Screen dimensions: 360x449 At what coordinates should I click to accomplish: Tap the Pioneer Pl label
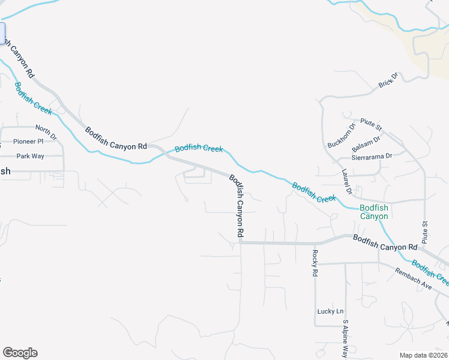click(28, 142)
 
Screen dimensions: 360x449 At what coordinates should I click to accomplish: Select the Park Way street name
click(30, 156)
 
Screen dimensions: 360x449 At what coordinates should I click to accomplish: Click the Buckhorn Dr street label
click(342, 135)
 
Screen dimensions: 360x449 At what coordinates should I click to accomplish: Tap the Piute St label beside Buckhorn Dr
click(371, 125)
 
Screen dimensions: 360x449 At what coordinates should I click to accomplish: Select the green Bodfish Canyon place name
click(374, 212)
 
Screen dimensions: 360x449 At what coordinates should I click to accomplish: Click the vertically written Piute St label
click(424, 232)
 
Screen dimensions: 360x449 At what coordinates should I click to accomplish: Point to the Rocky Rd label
click(314, 263)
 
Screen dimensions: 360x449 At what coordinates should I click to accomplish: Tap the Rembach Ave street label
click(414, 278)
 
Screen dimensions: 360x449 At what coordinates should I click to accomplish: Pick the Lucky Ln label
click(330, 311)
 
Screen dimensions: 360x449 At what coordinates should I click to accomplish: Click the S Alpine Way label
click(345, 339)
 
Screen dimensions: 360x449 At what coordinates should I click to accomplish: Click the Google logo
click(20, 353)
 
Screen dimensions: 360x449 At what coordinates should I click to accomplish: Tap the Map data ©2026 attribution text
click(423, 355)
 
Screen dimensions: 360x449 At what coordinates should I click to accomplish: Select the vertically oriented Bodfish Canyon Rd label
click(237, 206)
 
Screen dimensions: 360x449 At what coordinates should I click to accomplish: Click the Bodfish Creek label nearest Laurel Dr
click(314, 192)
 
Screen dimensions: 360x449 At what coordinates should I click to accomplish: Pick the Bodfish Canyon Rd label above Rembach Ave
click(385, 242)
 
